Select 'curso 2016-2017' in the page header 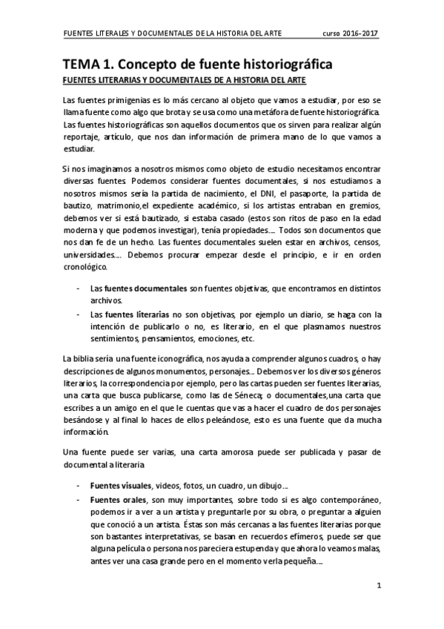tap(351, 34)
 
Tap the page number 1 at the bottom tap(379, 586)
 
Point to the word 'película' tap(136, 547)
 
